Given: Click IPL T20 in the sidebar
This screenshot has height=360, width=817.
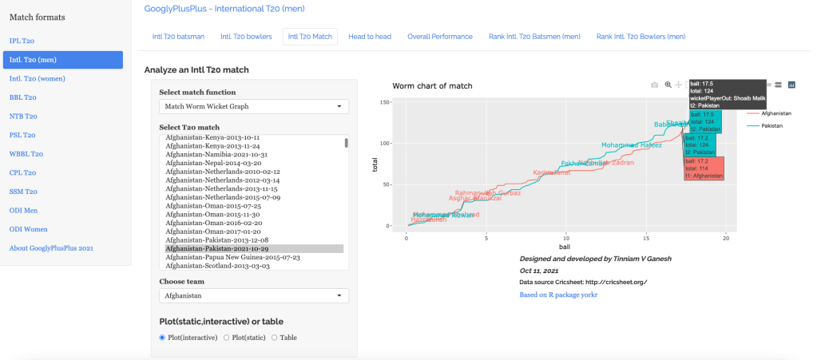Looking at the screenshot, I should pyautogui.click(x=22, y=41).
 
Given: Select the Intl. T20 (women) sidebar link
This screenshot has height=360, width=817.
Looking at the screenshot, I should pyautogui.click(x=37, y=78).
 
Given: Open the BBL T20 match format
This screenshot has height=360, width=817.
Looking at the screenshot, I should pyautogui.click(x=23, y=97).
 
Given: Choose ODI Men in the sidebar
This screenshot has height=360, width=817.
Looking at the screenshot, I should pyautogui.click(x=24, y=210).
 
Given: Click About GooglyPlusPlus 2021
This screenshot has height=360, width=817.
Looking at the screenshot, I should pyautogui.click(x=51, y=247).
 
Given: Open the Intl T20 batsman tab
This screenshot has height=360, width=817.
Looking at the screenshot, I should pyautogui.click(x=178, y=37).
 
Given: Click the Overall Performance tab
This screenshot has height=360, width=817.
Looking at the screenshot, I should pyautogui.click(x=439, y=37).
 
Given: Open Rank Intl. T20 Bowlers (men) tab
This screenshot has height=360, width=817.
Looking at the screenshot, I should pyautogui.click(x=641, y=37).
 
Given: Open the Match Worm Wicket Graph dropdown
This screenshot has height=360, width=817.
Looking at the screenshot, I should pyautogui.click(x=254, y=106).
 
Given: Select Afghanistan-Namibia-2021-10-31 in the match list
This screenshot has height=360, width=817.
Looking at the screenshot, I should pyautogui.click(x=216, y=154).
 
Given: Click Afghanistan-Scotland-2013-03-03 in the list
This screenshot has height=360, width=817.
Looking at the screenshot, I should pyautogui.click(x=217, y=266).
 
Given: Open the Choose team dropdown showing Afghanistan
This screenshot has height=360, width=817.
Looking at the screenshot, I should pyautogui.click(x=254, y=296).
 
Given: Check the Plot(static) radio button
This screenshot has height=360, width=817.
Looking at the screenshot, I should pyautogui.click(x=227, y=338).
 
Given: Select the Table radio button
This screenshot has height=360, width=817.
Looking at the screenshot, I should pyautogui.click(x=276, y=338).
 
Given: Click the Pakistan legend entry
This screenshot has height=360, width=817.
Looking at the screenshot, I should pyautogui.click(x=771, y=125).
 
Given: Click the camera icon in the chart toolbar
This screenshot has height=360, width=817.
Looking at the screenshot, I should pyautogui.click(x=655, y=85).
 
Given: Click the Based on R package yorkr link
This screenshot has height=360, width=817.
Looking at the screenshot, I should pyautogui.click(x=558, y=295).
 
